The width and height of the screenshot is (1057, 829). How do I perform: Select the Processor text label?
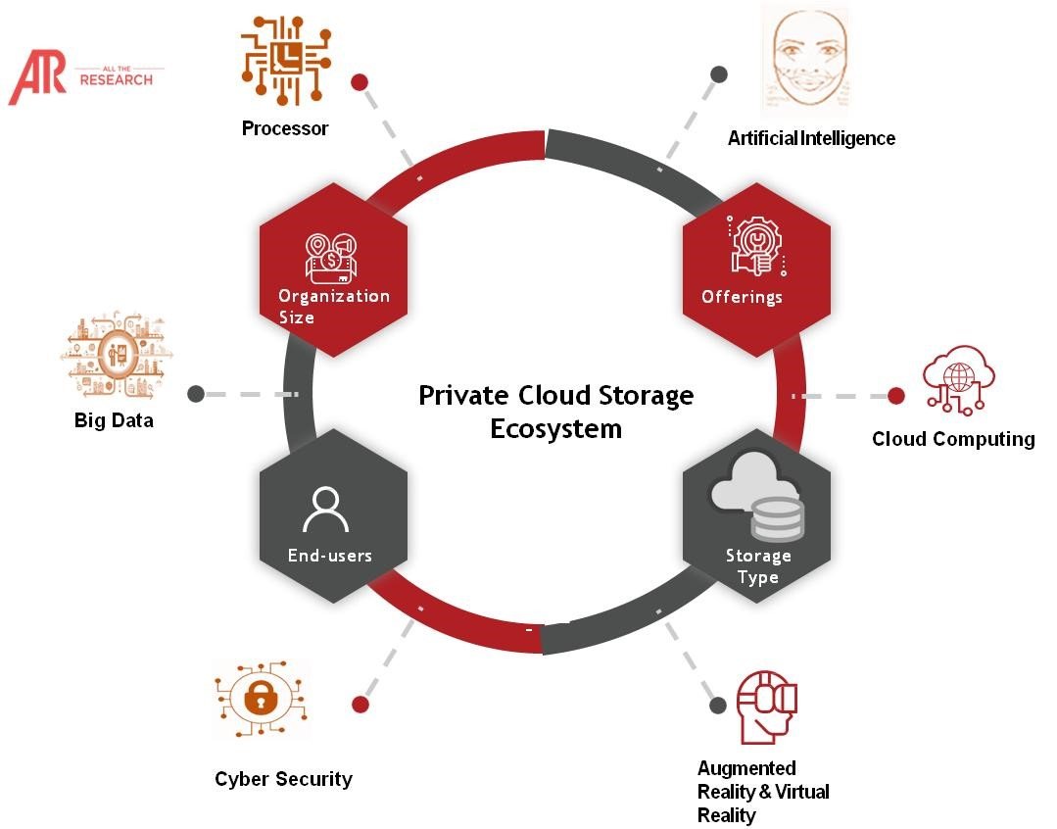(x=285, y=128)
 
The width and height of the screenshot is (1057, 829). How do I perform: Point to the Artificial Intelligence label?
(x=811, y=138)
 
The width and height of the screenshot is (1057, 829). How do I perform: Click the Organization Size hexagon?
(x=333, y=269)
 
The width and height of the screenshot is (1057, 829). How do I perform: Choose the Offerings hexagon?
(x=756, y=269)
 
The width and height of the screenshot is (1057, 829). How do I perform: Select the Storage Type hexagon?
(x=756, y=530)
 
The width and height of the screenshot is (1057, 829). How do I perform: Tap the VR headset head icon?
(x=766, y=707)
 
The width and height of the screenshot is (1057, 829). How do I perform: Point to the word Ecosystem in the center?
(x=555, y=429)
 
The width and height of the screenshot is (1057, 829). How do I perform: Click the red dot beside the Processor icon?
(x=360, y=82)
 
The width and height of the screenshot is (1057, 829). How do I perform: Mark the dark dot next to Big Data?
(x=196, y=394)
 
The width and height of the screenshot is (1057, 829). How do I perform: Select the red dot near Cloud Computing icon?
(x=895, y=396)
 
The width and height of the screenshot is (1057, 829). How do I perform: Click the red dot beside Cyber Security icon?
(x=360, y=704)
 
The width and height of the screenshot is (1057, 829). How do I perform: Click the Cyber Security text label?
(x=283, y=779)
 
